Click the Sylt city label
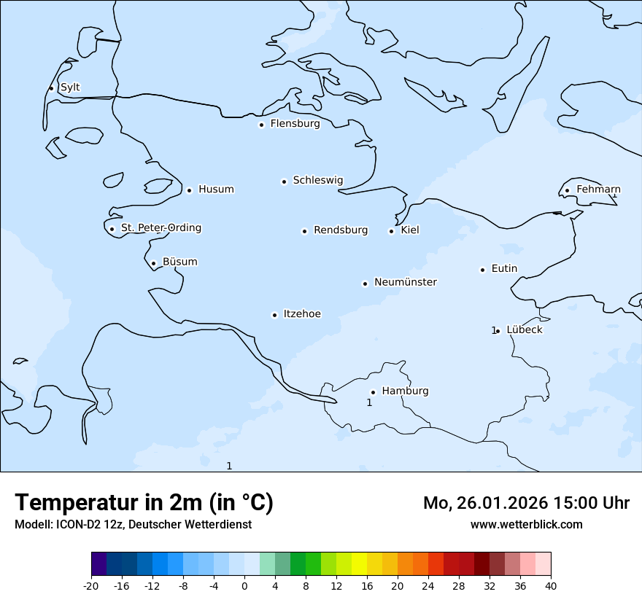tap(70, 87)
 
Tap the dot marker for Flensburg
tap(261, 125)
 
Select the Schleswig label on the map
tap(317, 180)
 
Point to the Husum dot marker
tap(189, 190)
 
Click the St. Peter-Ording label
tap(160, 228)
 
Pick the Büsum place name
tap(179, 262)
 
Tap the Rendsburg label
tap(341, 230)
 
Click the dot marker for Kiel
tap(391, 231)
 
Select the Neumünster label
tap(406, 282)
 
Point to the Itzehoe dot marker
tap(274, 315)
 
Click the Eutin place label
tap(504, 269)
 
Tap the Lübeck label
tap(525, 329)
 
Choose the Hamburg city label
tap(405, 391)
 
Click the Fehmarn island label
tap(598, 190)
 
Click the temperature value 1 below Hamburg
tap(369, 402)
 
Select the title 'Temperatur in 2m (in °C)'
tap(144, 502)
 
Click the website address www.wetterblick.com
tap(526, 524)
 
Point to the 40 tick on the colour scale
tap(550, 585)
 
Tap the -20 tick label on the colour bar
tap(91, 585)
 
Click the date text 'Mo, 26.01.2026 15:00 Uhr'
tap(526, 503)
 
